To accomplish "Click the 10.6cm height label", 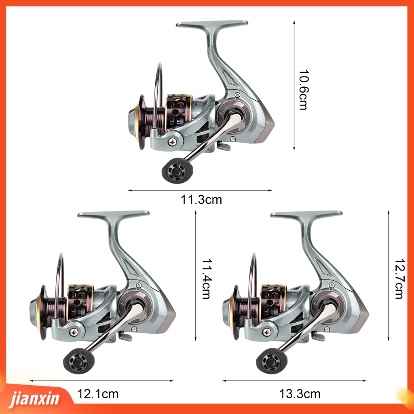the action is click(303, 89).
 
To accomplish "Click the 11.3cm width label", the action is click(201, 200).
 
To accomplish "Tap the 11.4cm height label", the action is click(206, 278).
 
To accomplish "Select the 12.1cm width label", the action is click(98, 395).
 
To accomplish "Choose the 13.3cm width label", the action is click(300, 395).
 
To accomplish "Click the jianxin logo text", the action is click(34, 399).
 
